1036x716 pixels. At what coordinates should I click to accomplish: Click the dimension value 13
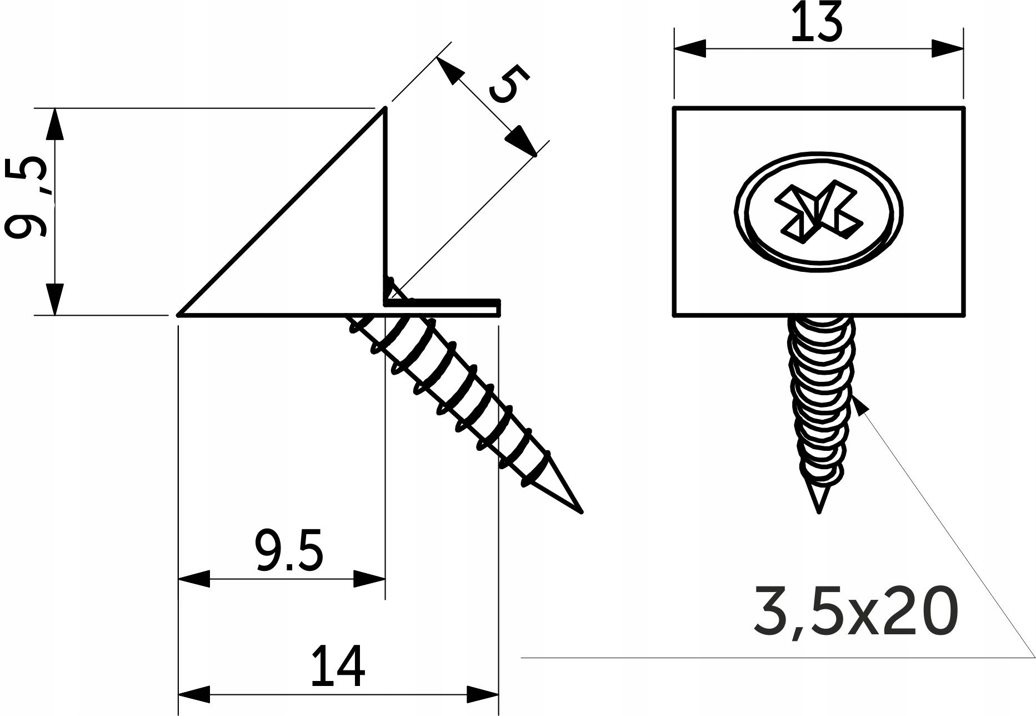coord(816,22)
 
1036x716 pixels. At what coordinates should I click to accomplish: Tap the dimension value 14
coord(337,666)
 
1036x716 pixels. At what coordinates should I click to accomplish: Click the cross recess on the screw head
coord(819,212)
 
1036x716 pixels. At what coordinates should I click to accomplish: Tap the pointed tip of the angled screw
coord(581,511)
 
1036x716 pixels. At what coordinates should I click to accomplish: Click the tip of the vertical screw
coord(818,511)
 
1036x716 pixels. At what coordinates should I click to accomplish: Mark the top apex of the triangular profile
coord(384,109)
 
